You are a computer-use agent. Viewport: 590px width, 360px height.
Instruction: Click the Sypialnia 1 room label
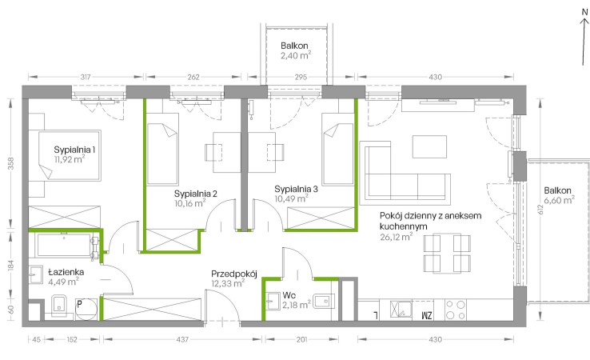point(74,150)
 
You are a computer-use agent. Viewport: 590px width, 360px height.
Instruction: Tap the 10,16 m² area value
point(189,203)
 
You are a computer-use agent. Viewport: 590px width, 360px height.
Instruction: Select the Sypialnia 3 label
point(296,189)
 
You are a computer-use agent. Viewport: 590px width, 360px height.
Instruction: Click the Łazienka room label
point(66,272)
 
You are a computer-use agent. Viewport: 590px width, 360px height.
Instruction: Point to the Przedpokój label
point(234,274)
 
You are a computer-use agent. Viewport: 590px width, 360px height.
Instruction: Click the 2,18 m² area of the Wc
point(297,304)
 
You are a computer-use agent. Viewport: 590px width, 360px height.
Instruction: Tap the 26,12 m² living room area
point(397,237)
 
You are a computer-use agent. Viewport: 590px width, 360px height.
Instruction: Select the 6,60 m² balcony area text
point(559,200)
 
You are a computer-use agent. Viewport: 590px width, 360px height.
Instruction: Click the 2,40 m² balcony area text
point(295,56)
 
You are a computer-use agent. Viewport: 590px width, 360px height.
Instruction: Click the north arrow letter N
point(584,12)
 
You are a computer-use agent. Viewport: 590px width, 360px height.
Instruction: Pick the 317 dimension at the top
point(86,77)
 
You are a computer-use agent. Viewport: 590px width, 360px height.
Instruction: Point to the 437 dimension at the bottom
point(182,340)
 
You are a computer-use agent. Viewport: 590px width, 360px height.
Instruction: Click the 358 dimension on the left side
point(11,163)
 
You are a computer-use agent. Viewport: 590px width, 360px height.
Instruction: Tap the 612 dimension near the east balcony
point(540,210)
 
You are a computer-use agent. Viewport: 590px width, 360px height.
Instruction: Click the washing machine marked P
point(86,309)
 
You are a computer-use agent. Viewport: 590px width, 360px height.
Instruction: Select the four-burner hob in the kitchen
point(456,310)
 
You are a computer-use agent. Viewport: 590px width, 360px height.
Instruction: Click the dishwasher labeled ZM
point(423,310)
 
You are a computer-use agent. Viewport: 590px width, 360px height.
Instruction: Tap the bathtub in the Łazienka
point(64,245)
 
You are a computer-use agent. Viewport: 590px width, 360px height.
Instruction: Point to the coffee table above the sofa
point(429,146)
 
